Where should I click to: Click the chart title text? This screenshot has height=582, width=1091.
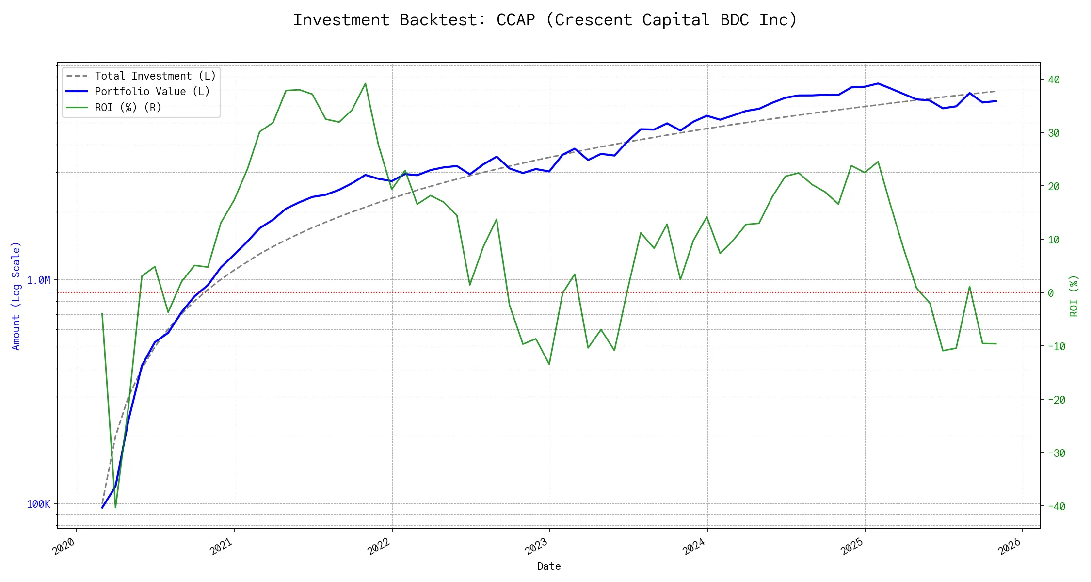coord(545,20)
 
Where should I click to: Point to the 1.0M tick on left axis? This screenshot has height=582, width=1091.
coord(38,280)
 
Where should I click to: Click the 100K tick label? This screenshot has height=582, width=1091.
coord(38,504)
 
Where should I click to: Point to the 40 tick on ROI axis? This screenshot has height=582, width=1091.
coord(1053,80)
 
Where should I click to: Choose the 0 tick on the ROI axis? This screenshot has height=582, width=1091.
coord(1050,293)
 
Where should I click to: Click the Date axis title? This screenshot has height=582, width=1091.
coord(549,566)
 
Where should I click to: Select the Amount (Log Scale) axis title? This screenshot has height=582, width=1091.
coord(16,296)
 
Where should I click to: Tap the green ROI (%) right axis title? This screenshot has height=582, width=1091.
coord(1074,296)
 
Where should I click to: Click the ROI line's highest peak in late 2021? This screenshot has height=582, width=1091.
coord(365,83)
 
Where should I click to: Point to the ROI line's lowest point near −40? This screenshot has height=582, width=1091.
coord(115,507)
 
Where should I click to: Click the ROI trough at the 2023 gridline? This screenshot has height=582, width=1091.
coord(549,364)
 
